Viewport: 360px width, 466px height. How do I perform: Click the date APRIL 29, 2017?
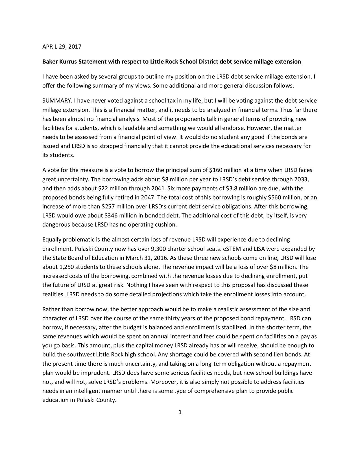point(62,47)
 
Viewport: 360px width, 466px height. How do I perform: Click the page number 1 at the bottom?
point(180,412)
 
